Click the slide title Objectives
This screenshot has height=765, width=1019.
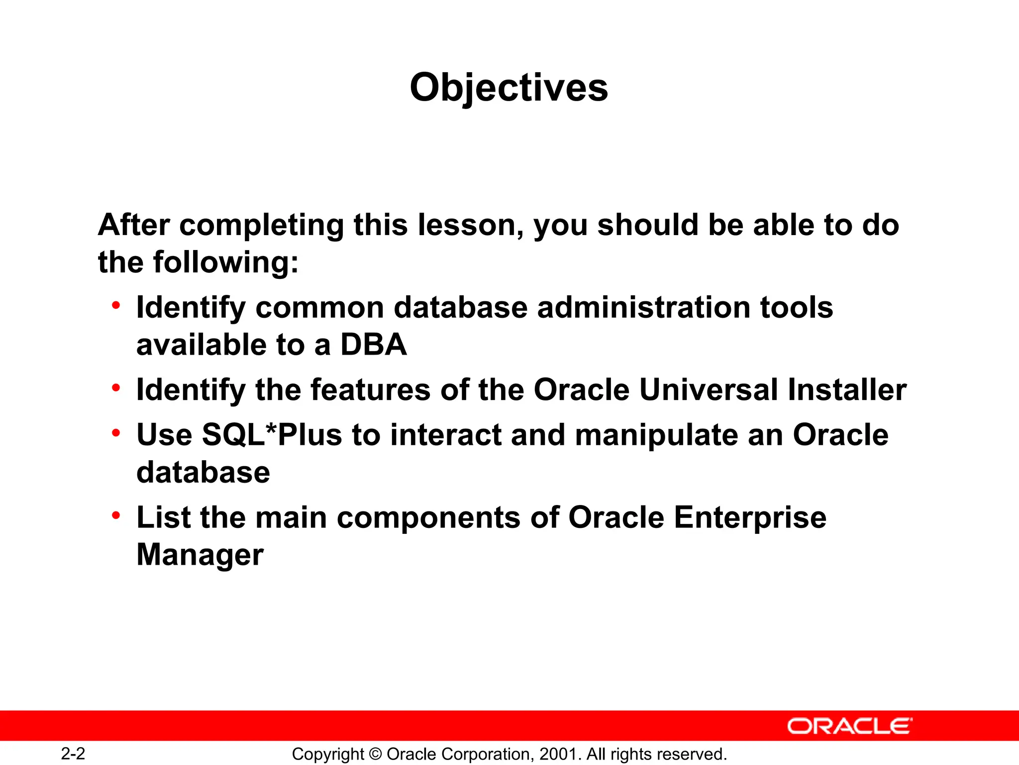[x=509, y=88]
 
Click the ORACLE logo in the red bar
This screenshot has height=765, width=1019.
[x=850, y=726]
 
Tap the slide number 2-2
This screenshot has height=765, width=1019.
[x=73, y=754]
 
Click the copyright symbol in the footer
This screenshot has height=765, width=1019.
[x=376, y=754]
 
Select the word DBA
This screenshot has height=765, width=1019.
[x=373, y=345]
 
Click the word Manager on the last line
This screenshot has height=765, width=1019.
[x=200, y=555]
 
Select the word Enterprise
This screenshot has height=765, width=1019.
[x=750, y=517]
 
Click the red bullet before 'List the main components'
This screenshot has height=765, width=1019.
[x=116, y=515]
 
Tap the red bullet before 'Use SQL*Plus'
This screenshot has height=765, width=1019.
[x=116, y=433]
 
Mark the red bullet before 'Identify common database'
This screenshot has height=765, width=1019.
[x=116, y=305]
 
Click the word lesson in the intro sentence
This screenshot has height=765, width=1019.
[x=470, y=225]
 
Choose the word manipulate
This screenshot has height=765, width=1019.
[x=656, y=435]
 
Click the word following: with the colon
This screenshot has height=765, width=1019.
[x=225, y=262]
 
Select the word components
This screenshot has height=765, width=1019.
[x=428, y=518]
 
